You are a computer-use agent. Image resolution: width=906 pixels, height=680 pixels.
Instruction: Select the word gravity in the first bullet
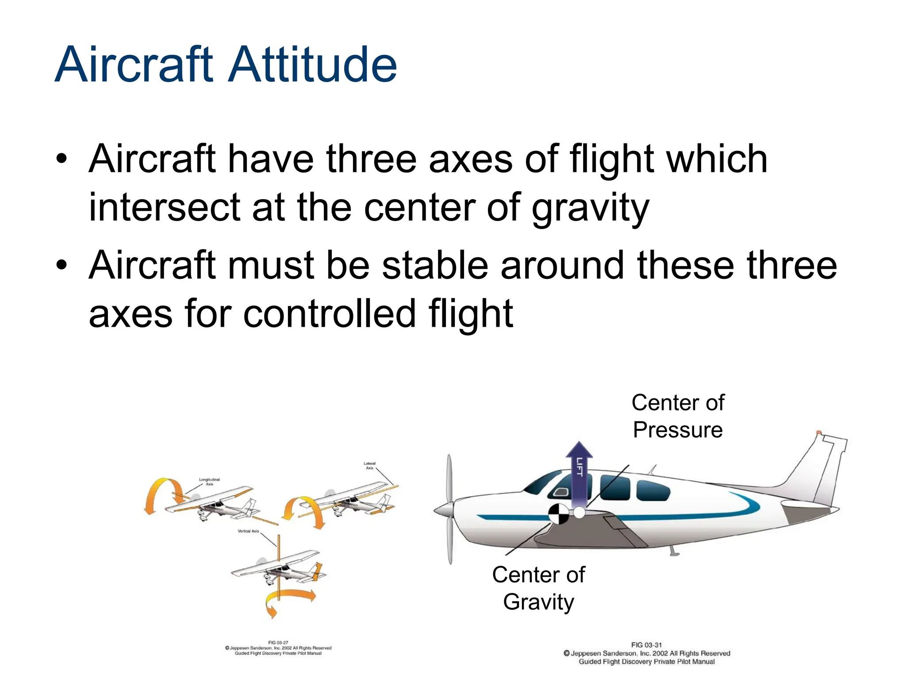590,208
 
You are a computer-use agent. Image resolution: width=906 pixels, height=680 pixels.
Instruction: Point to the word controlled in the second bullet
330,314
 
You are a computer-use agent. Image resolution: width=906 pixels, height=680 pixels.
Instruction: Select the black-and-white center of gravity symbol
559,514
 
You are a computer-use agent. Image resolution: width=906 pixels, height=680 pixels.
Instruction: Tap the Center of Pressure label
678,416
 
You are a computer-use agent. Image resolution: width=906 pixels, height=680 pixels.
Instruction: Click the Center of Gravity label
538,588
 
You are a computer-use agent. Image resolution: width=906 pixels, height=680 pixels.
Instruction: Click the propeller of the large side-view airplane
449,509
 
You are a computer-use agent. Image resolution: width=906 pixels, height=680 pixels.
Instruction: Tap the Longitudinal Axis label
209,482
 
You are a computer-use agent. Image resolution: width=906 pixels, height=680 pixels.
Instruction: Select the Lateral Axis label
369,465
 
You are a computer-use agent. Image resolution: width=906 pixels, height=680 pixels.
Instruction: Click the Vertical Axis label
248,531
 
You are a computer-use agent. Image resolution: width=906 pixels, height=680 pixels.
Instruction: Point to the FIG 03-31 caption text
646,645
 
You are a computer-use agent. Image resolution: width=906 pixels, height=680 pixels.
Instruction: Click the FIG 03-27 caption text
278,642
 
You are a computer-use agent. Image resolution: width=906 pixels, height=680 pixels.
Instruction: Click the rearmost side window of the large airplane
653,491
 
